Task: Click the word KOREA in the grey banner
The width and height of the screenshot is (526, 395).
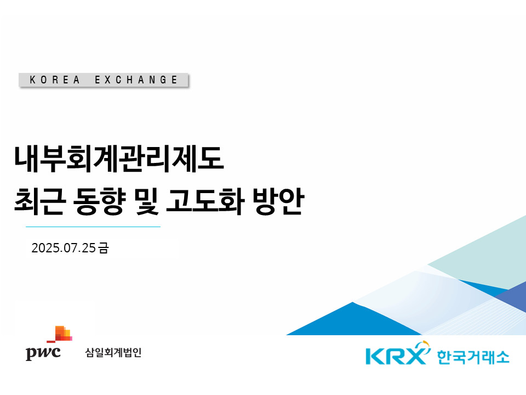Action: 55,80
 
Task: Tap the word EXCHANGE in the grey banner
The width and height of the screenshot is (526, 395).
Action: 136,80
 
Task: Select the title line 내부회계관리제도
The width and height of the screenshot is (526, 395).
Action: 119,159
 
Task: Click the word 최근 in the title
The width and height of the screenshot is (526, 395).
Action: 39,201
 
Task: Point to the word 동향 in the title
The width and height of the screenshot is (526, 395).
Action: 99,201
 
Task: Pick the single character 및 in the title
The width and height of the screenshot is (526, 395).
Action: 146,201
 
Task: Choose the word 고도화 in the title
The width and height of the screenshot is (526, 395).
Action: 205,201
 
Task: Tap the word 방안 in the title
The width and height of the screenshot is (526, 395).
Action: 278,201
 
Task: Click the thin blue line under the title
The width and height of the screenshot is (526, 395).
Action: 93,227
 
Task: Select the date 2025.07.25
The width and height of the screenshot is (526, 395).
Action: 64,248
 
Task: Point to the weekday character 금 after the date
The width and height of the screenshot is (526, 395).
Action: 104,248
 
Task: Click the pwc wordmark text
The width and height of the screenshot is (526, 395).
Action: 43,353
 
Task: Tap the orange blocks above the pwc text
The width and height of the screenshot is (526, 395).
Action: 60,334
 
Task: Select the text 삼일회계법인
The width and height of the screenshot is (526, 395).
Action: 113,352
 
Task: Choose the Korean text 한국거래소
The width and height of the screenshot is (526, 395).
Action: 473,357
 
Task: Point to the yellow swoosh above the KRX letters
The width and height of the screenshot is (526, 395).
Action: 424,347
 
